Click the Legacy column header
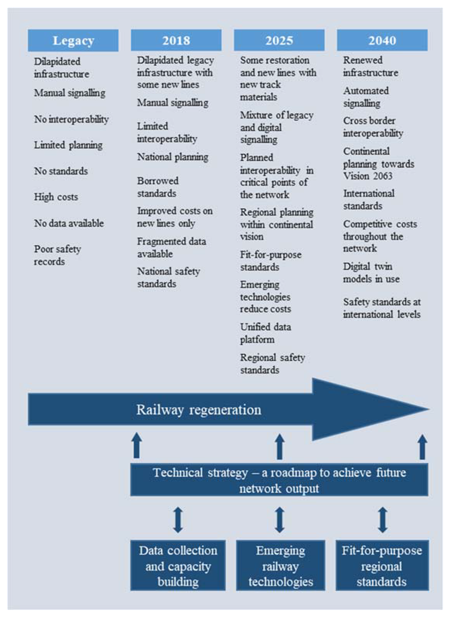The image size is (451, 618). point(73,40)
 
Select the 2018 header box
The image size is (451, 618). point(176,40)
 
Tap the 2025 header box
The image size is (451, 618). point(279,40)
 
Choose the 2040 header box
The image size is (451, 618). point(382,40)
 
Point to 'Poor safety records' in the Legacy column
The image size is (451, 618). point(57,255)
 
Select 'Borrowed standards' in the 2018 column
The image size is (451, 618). point(158,187)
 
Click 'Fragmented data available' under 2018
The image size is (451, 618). point(172,247)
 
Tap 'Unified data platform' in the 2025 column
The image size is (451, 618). point(265,333)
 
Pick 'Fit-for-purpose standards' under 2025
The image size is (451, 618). point(271,261)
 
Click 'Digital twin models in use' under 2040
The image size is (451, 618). point(371,273)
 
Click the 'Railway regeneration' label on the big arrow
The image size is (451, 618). point(199,410)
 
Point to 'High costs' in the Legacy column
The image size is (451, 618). point(56,197)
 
